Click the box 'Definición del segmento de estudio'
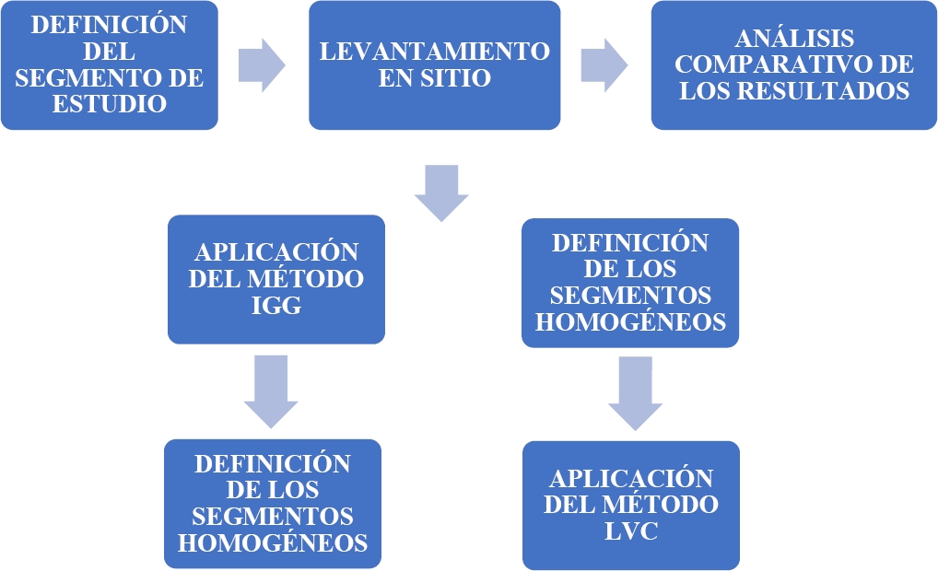point(109,64)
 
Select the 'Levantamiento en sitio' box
point(434,64)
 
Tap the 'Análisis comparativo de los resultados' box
point(794,64)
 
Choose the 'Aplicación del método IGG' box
point(276,279)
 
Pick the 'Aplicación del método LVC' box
point(630,505)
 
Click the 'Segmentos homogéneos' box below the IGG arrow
point(272,503)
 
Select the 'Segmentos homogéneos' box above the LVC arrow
point(630,283)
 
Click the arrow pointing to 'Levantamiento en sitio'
point(262,64)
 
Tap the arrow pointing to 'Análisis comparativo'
point(604,64)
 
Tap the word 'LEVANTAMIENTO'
point(434,52)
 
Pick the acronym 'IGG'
point(276,305)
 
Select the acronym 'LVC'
point(630,530)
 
